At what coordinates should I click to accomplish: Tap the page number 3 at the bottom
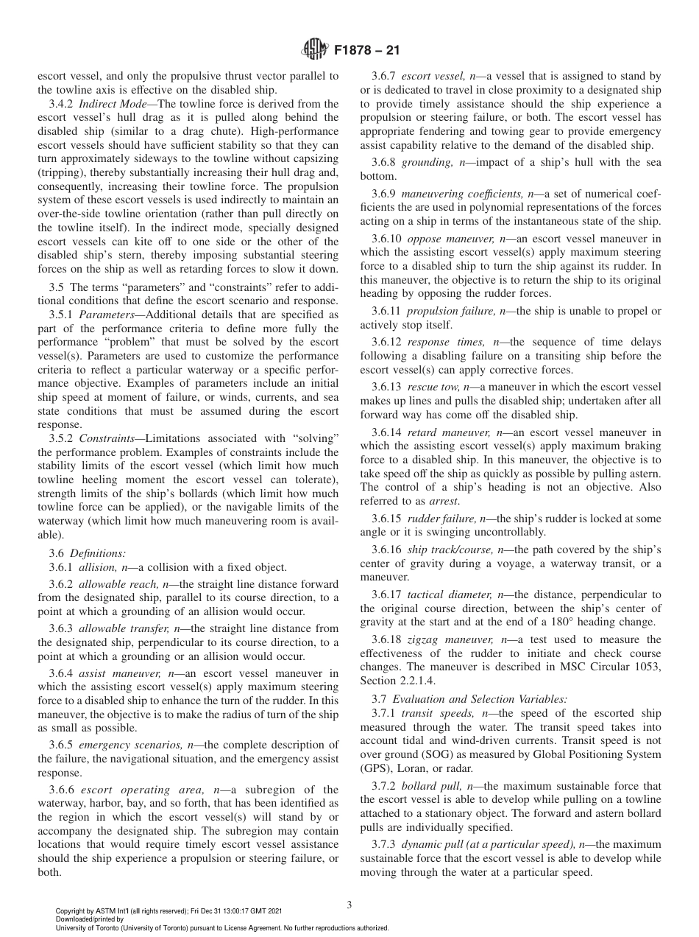pos(349,905)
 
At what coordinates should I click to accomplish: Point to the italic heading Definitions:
pos(98,552)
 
